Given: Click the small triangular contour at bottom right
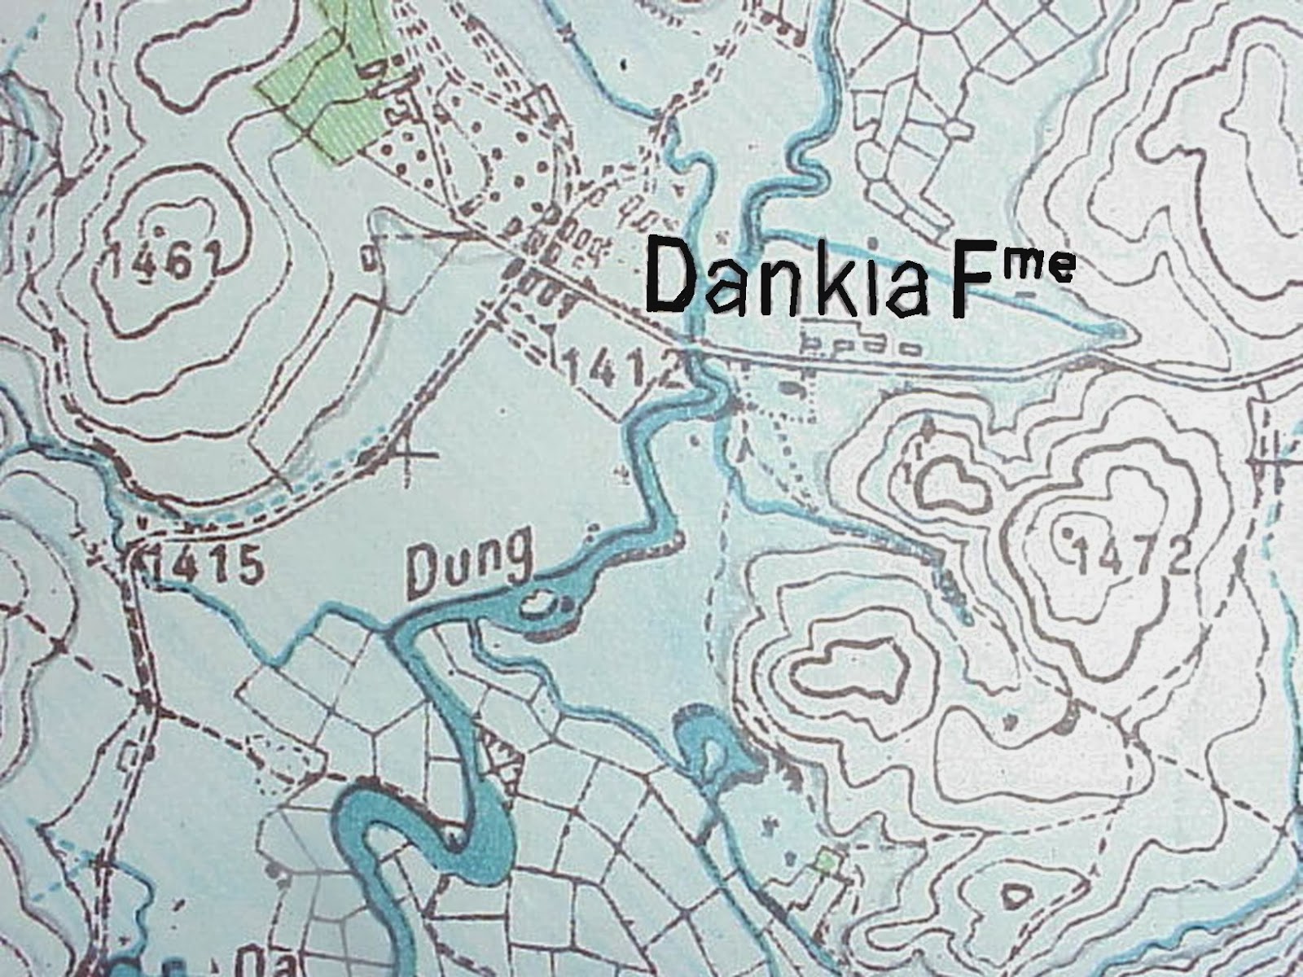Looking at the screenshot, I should click(1016, 897).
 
